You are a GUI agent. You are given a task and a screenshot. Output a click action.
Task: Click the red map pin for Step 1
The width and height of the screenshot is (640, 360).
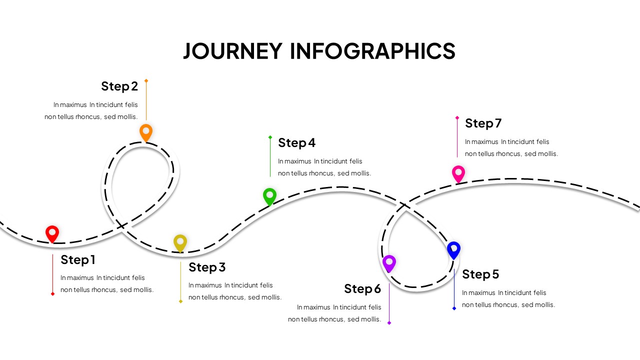[x=52, y=233]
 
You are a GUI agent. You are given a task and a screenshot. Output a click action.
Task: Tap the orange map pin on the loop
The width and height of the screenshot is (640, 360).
[x=145, y=132]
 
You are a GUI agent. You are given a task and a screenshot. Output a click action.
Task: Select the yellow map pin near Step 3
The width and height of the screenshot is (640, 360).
[x=180, y=242]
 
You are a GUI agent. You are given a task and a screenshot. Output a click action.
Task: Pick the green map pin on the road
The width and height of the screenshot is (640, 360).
[x=269, y=196]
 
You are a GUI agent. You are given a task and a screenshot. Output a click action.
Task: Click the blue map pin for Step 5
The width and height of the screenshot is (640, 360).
[x=453, y=249]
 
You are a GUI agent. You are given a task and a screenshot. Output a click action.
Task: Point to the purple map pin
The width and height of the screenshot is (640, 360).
[x=389, y=262]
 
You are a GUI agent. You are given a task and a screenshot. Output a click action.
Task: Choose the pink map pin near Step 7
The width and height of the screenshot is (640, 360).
[x=458, y=173]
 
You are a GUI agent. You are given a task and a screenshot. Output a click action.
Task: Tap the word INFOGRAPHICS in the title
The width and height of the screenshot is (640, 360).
[x=372, y=51]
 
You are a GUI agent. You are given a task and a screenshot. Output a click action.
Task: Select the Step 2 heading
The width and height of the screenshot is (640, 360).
[x=119, y=86]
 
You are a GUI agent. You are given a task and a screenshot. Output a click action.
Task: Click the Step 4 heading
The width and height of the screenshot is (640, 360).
[x=297, y=142]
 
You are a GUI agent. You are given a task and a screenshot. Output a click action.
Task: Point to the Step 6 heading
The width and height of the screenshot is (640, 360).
[x=362, y=288]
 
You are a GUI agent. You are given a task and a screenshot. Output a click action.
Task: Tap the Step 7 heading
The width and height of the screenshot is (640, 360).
[x=483, y=123]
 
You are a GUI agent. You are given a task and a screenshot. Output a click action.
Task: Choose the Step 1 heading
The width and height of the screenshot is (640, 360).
[x=78, y=259]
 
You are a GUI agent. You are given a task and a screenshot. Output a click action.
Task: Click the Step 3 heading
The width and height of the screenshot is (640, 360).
[x=207, y=267]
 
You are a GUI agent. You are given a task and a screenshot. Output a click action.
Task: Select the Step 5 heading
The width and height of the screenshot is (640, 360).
[x=480, y=274]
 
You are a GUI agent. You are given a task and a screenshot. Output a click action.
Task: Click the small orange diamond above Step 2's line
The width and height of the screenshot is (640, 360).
[x=146, y=80]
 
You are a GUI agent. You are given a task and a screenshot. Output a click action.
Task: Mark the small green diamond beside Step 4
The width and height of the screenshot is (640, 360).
[x=270, y=137]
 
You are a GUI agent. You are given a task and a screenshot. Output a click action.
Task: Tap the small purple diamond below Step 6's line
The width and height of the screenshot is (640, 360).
[x=389, y=323]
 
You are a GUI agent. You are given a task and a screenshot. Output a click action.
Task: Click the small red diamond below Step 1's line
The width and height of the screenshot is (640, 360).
[x=52, y=294]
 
